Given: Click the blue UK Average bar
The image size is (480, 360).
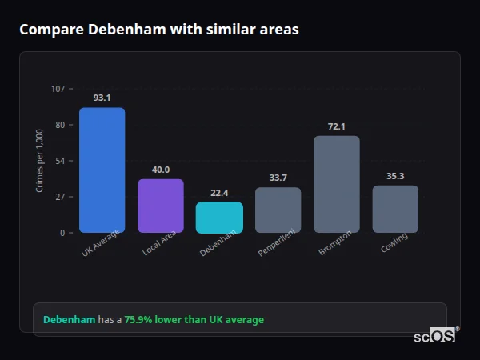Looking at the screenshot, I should (102, 170).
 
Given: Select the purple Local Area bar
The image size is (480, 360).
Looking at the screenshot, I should (161, 206).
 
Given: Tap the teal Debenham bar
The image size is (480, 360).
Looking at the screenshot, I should (219, 218).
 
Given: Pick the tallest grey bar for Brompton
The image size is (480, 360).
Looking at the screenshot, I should (337, 184).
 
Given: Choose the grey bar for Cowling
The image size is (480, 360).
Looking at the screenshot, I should (395, 209).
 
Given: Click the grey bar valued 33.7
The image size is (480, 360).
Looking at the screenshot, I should (278, 210).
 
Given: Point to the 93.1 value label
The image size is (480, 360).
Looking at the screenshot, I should (102, 98).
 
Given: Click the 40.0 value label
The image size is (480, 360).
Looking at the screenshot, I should (161, 170).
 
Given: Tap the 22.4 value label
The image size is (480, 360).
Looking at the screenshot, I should (219, 193).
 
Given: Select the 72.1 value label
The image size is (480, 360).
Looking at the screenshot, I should (337, 126).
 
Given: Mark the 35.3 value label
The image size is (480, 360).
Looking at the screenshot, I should (395, 176).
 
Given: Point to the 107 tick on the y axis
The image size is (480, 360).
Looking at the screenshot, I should (58, 89).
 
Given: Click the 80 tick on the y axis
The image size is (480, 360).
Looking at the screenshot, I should (60, 125).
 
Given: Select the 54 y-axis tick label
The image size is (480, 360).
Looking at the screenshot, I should (60, 161).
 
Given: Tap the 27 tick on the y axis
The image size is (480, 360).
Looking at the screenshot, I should (60, 197).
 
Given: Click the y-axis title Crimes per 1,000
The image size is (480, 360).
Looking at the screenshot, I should (40, 161).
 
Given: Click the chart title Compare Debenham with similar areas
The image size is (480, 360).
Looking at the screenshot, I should (159, 30).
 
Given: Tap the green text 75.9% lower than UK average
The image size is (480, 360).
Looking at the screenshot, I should (194, 320).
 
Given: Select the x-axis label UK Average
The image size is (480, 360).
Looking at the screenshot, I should (101, 244).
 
